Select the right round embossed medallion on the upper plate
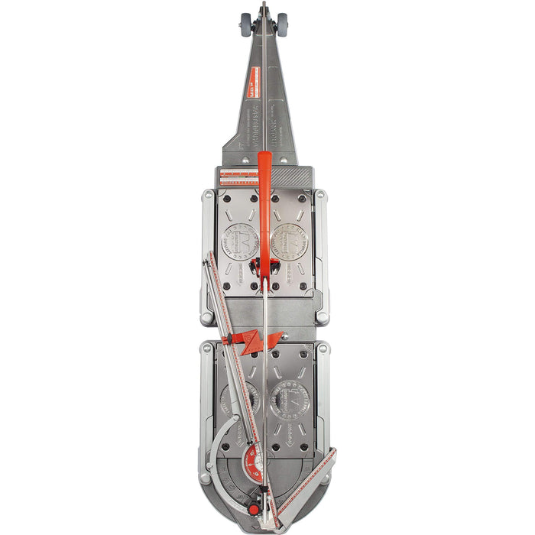[x=290, y=238]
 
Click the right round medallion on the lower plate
[x=290, y=399]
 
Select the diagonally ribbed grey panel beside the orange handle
[x=290, y=177]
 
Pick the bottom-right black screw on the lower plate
[x=304, y=448]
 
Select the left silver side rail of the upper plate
[x=207, y=256]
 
